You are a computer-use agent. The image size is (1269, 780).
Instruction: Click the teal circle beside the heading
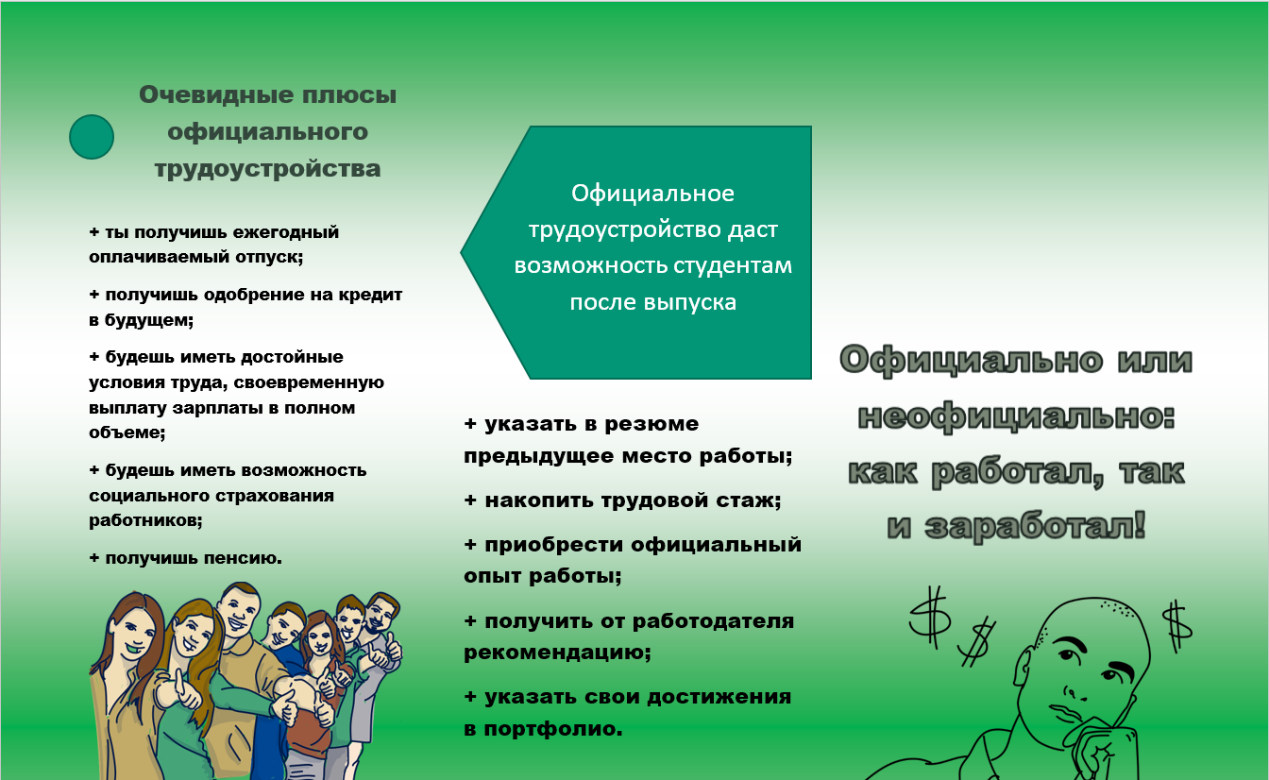point(92,137)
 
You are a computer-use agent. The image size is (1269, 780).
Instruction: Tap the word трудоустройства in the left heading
point(267,169)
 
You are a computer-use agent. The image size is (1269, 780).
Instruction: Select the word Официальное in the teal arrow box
point(652,194)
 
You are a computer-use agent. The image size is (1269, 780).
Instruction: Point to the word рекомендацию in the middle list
point(557,653)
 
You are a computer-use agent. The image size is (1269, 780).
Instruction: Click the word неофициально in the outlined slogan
point(1017,416)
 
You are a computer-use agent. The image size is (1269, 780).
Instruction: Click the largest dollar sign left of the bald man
point(930,618)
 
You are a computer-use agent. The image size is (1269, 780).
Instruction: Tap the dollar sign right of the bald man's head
point(1177,626)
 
